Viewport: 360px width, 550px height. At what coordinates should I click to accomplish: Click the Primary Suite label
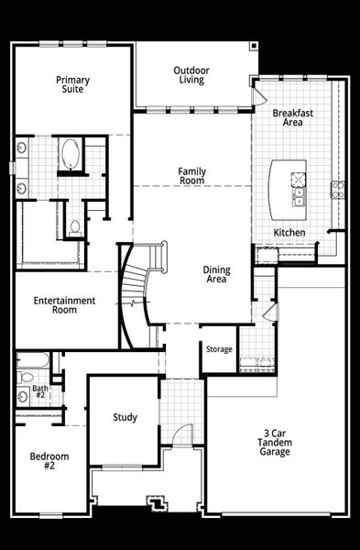[x=72, y=85]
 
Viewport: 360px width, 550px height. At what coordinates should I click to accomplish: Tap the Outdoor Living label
[x=192, y=75]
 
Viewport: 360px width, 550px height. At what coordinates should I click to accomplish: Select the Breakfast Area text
[x=292, y=117]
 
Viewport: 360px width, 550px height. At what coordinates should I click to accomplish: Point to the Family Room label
[x=191, y=176]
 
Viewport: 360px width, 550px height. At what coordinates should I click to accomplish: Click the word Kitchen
[x=289, y=233]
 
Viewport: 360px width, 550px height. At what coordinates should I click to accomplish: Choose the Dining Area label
[x=215, y=274]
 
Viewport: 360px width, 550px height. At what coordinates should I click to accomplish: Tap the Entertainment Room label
[x=64, y=305]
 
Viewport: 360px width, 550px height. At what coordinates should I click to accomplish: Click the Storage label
[x=219, y=349]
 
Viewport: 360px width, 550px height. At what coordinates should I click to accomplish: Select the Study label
[x=125, y=418]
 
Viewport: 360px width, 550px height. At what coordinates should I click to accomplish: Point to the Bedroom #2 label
[x=49, y=461]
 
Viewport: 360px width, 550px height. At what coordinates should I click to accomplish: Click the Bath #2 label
[x=39, y=391]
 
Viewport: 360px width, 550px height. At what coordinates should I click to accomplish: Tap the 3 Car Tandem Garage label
[x=274, y=442]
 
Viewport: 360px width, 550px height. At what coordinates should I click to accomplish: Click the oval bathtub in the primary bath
[x=71, y=153]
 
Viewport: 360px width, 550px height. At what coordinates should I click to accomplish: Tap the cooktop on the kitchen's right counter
[x=337, y=191]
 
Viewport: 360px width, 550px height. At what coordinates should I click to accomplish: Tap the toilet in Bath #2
[x=27, y=376]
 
